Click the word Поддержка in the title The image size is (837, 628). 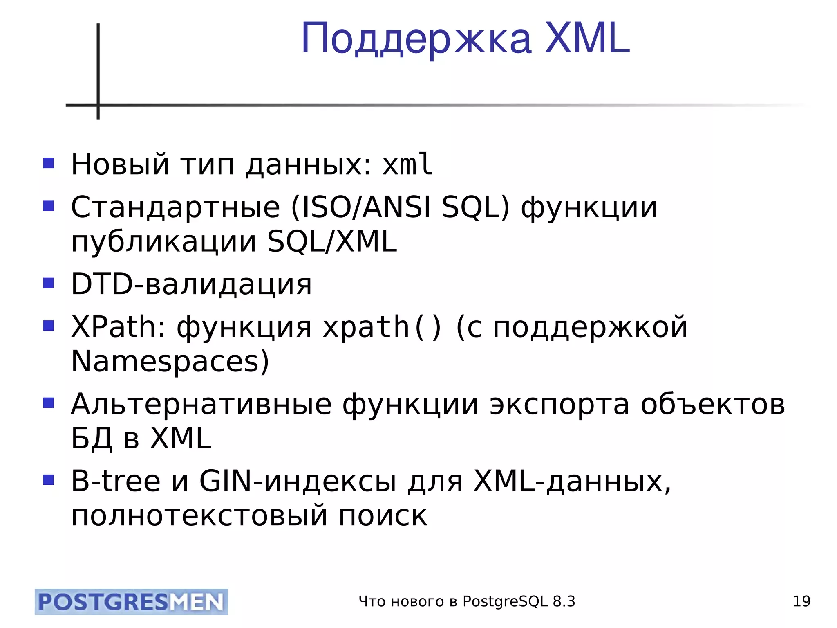416,39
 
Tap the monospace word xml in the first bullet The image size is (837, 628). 407,164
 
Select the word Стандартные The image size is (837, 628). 175,207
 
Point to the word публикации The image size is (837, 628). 164,242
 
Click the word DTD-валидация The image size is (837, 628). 191,284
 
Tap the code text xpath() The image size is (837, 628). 382,327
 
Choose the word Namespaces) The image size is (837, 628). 170,361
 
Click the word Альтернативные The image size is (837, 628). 201,404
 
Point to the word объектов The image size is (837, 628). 713,404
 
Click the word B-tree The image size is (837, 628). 116,481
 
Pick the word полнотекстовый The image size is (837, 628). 199,516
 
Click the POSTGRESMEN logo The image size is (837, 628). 131,602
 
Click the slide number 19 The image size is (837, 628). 801,601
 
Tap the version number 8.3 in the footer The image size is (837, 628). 564,601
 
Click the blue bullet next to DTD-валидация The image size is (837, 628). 49,283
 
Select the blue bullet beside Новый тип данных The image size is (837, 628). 49,163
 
